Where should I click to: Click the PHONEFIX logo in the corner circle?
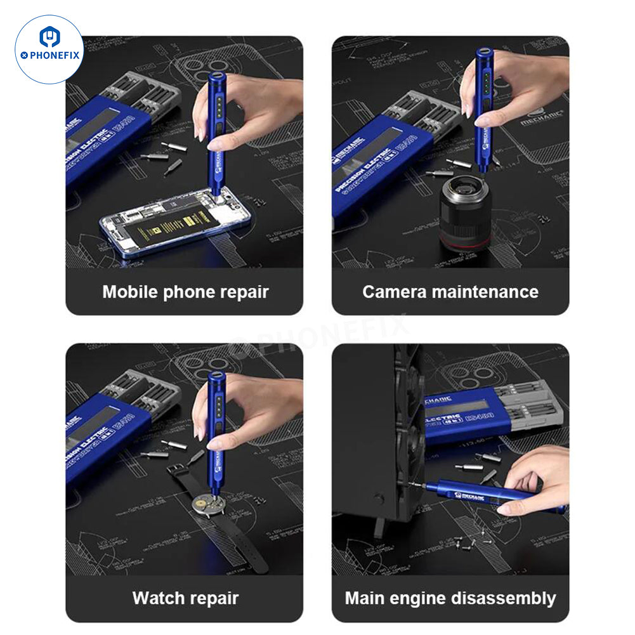tap(49, 49)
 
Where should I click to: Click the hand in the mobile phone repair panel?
tap(254, 108)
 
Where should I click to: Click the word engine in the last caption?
tap(421, 598)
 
